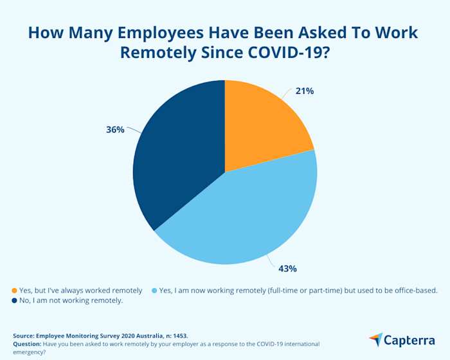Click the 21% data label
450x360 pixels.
(305, 91)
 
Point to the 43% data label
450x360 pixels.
(287, 268)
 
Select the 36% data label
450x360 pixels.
(115, 129)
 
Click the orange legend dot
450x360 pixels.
(15, 291)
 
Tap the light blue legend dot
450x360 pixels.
(154, 291)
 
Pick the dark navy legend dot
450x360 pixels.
(15, 301)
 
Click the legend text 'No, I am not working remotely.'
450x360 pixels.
(72, 301)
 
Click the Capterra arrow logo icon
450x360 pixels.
(375, 339)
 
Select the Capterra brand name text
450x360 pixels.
(411, 339)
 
